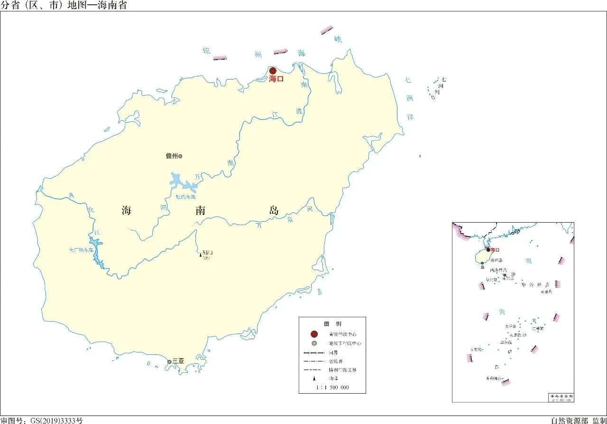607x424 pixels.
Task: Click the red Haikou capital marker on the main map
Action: pos(273,71)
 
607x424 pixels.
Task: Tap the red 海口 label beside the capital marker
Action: pos(276,80)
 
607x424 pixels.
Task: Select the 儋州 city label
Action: pos(171,156)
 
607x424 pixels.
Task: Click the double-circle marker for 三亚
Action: pos(169,362)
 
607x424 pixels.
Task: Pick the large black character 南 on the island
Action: pos(200,211)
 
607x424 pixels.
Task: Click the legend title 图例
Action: pos(332,324)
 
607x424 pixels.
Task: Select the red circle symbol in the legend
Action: pos(314,334)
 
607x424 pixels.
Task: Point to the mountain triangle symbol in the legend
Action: pos(314,379)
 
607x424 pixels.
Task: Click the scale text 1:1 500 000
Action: pos(332,388)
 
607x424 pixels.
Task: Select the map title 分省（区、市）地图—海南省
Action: pos(64,6)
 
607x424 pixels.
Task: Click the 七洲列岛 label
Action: pos(441,88)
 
